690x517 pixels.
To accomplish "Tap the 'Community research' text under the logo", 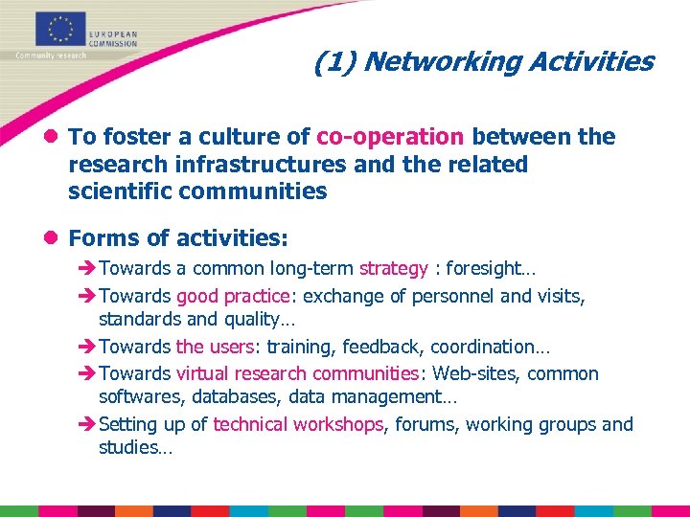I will pyautogui.click(x=50, y=56).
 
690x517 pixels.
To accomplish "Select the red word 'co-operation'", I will pyautogui.click(x=390, y=137).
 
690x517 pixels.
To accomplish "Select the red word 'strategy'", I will pyautogui.click(x=393, y=269).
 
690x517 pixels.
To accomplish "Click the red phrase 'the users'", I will pyautogui.click(x=203, y=347).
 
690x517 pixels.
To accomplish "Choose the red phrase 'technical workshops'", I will pyautogui.click(x=298, y=424).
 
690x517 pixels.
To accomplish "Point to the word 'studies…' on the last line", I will pyautogui.click(x=135, y=447).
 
